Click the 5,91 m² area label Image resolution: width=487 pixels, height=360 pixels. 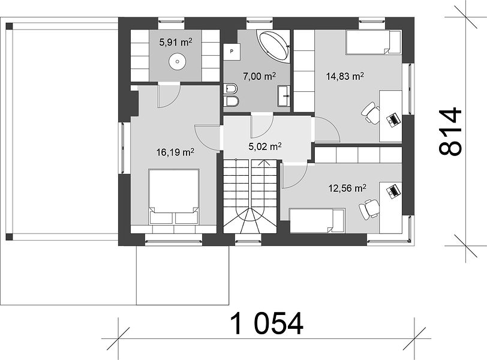pos(176,42)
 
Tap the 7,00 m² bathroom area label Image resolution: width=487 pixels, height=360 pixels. pos(259,76)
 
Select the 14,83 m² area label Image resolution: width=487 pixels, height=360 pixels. pos(345,76)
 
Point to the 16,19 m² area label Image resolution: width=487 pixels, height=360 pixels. pos(176,152)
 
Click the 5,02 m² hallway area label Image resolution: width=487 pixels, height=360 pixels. pos(265,146)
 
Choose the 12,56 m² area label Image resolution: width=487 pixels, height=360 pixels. pos(347,188)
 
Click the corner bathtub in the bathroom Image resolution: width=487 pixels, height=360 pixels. pos(274,46)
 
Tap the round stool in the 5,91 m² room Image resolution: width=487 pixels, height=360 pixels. pos(178,61)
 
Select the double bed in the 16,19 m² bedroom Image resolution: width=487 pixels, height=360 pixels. pos(174,196)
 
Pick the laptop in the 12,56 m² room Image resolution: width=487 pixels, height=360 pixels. pos(393,190)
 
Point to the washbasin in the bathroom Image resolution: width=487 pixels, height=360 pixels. pos(284,96)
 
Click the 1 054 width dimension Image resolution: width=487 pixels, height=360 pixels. pos(267,323)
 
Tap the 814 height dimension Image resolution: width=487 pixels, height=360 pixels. pos(450,131)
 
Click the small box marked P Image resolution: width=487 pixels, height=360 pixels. pos(232,51)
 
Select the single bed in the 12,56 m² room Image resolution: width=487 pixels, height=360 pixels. pos(317,221)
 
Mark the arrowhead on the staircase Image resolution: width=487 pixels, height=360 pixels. pos(264,163)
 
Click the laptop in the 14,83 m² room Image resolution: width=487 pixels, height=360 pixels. pos(393,119)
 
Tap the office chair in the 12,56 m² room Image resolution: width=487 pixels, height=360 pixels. pos(369,209)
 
